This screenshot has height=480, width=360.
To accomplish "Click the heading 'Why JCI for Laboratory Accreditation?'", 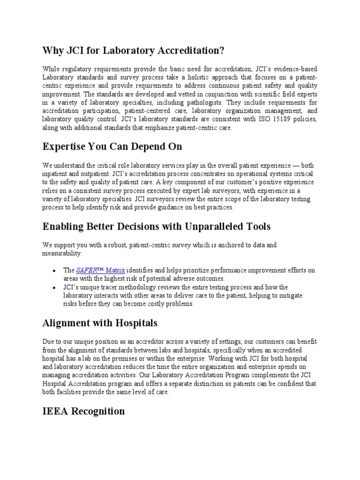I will pyautogui.click(x=134, y=50).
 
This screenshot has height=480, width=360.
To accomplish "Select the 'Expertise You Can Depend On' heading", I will pyautogui.click(x=112, y=147).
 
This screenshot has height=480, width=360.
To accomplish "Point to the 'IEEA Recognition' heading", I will pyautogui.click(x=83, y=411).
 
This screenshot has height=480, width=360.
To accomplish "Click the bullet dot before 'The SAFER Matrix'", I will pyautogui.click(x=55, y=271).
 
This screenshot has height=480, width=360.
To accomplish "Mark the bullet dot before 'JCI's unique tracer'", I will pyautogui.click(x=55, y=287).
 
